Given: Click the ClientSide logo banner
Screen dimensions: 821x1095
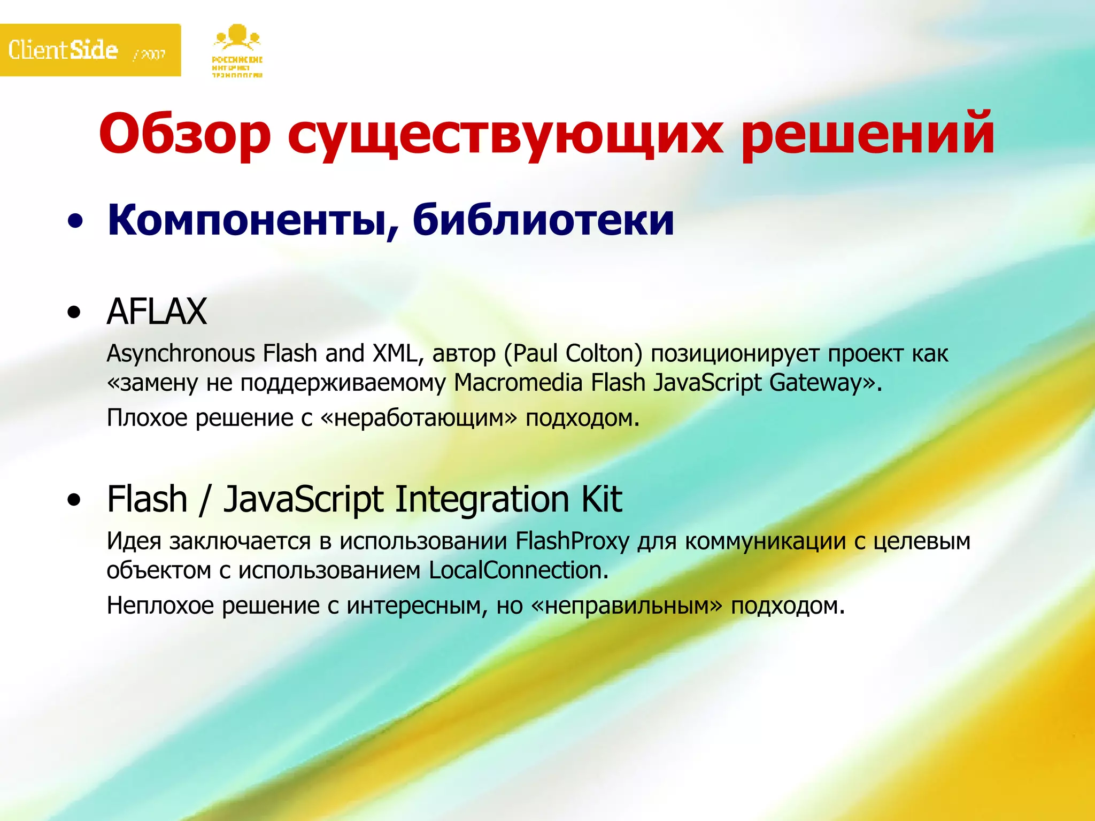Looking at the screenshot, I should [x=90, y=50].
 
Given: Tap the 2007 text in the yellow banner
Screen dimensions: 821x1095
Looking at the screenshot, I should [x=152, y=54].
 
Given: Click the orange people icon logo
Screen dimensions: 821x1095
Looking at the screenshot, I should [x=237, y=37].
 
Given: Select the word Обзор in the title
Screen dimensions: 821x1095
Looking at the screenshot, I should [x=185, y=134].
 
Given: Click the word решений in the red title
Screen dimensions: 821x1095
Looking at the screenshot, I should [x=867, y=134].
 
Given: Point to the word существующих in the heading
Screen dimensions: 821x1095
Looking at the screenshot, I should [x=505, y=136].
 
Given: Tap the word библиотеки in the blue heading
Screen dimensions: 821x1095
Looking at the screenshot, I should [x=543, y=220].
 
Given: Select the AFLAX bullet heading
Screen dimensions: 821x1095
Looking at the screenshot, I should [x=157, y=311].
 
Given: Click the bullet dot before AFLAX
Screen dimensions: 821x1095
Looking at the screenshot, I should [x=75, y=312].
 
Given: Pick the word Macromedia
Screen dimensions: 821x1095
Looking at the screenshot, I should [x=518, y=383].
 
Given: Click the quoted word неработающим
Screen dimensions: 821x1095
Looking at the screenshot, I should [x=419, y=418].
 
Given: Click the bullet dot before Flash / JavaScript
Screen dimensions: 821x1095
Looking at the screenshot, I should [x=75, y=500].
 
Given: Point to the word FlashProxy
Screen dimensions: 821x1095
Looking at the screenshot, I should [x=572, y=541].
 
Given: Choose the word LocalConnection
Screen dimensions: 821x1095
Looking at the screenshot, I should [x=515, y=570].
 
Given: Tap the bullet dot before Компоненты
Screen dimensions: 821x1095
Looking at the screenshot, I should [x=75, y=221].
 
